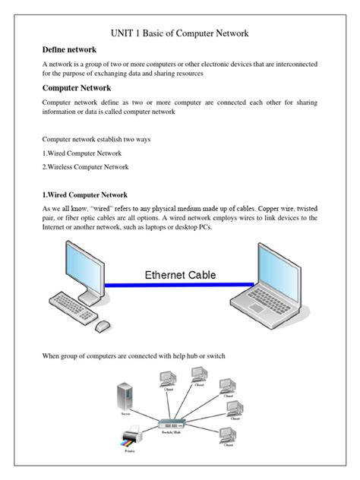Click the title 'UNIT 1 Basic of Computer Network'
coord(179,33)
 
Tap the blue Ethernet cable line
coord(179,286)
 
